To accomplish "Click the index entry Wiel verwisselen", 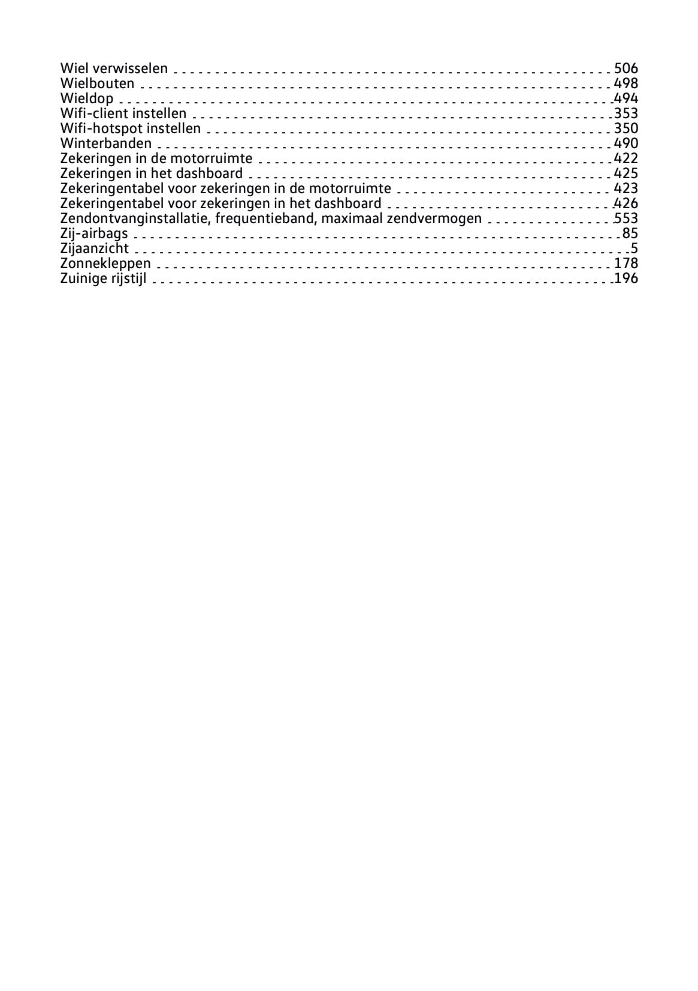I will point(114,68).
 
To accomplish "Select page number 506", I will point(626,68).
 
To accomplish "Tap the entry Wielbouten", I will point(97,83).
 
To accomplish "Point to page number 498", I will point(626,83).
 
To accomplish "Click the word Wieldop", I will point(87,98).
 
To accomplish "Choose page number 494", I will point(626,98).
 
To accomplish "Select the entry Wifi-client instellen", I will point(123,113).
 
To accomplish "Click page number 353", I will point(626,113).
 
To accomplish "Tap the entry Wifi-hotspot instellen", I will point(131,128).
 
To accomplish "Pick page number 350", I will point(626,128).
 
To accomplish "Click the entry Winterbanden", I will point(106,143).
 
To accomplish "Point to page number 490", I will point(626,143).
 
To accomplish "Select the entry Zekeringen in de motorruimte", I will point(156,158).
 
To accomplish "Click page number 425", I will point(626,173).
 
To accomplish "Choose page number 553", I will point(626,218).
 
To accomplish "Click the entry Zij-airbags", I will point(94,233).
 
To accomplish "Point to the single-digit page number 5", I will point(634,248).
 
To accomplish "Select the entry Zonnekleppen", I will point(105,263).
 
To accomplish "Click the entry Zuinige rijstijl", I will point(103,278).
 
